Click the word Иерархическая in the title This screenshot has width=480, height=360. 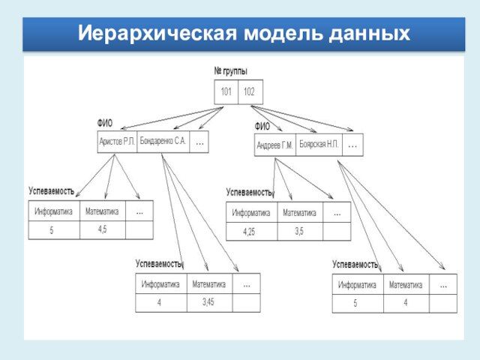tap(154, 33)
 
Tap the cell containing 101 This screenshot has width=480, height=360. tap(226, 92)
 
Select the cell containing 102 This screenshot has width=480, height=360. tap(250, 92)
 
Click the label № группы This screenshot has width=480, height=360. tap(230, 71)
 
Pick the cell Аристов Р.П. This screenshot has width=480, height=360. tap(118, 141)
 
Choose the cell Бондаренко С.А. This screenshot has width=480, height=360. tap(163, 141)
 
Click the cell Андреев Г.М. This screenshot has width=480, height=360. tap(274, 145)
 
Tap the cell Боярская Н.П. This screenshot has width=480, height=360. tap(319, 144)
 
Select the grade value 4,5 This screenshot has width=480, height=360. tap(102, 229)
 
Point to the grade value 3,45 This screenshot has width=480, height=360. tap(208, 301)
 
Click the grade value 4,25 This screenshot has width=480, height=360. tap(250, 232)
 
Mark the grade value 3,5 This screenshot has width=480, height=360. tap(299, 231)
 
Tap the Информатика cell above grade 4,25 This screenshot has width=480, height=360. tap(251, 213)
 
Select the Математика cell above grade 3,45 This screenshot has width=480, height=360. tap(208, 284)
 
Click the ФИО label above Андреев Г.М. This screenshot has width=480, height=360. tap(262, 126)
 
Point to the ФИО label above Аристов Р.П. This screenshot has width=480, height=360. tap(105, 122)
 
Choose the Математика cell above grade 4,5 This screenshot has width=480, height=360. tap(102, 211)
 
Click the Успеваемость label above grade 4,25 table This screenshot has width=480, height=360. tap(249, 192)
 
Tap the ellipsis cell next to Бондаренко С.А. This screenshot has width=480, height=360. tap(199, 141)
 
